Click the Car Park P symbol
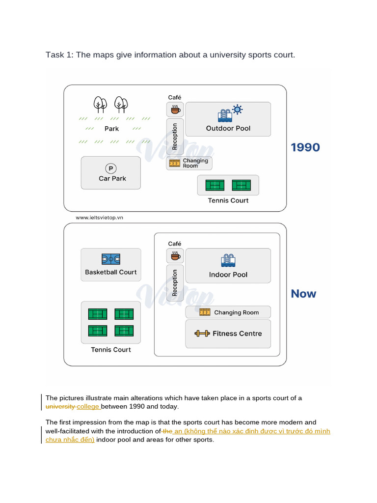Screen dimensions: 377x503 coord(111,168)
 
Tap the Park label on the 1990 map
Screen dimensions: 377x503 coord(111,129)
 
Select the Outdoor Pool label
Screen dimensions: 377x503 coord(228,128)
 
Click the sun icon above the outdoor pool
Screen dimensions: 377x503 coord(237,110)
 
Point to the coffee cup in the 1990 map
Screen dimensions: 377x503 coord(175,110)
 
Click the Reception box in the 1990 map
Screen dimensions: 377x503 coord(175,137)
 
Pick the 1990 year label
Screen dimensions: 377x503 coord(305,147)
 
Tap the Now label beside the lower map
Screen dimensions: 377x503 coord(303,294)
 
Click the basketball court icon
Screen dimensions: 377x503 coord(111,259)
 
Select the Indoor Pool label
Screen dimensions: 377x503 coord(228,275)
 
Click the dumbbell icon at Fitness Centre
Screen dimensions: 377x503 coord(202,334)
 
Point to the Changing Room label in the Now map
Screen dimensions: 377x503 coord(236,312)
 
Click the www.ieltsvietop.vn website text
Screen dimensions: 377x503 coord(99,218)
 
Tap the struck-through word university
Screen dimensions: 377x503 coord(60,406)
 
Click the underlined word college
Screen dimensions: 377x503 coord(88,406)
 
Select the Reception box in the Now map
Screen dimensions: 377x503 coord(175,283)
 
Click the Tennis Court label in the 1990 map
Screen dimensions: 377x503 coord(228,200)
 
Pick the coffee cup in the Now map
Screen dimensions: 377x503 coord(175,256)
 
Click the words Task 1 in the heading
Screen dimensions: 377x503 coord(59,55)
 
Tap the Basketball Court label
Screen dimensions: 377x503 coord(111,272)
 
